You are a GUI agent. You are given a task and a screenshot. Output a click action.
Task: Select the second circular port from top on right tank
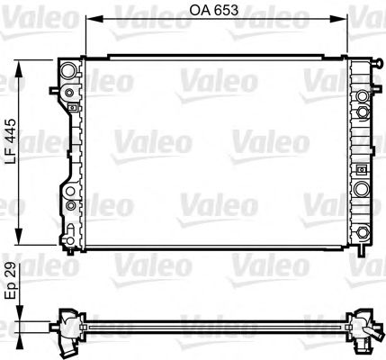363,112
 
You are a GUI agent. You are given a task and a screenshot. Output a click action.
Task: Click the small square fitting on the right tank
363,171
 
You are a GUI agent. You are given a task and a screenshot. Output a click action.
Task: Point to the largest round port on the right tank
363,190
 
